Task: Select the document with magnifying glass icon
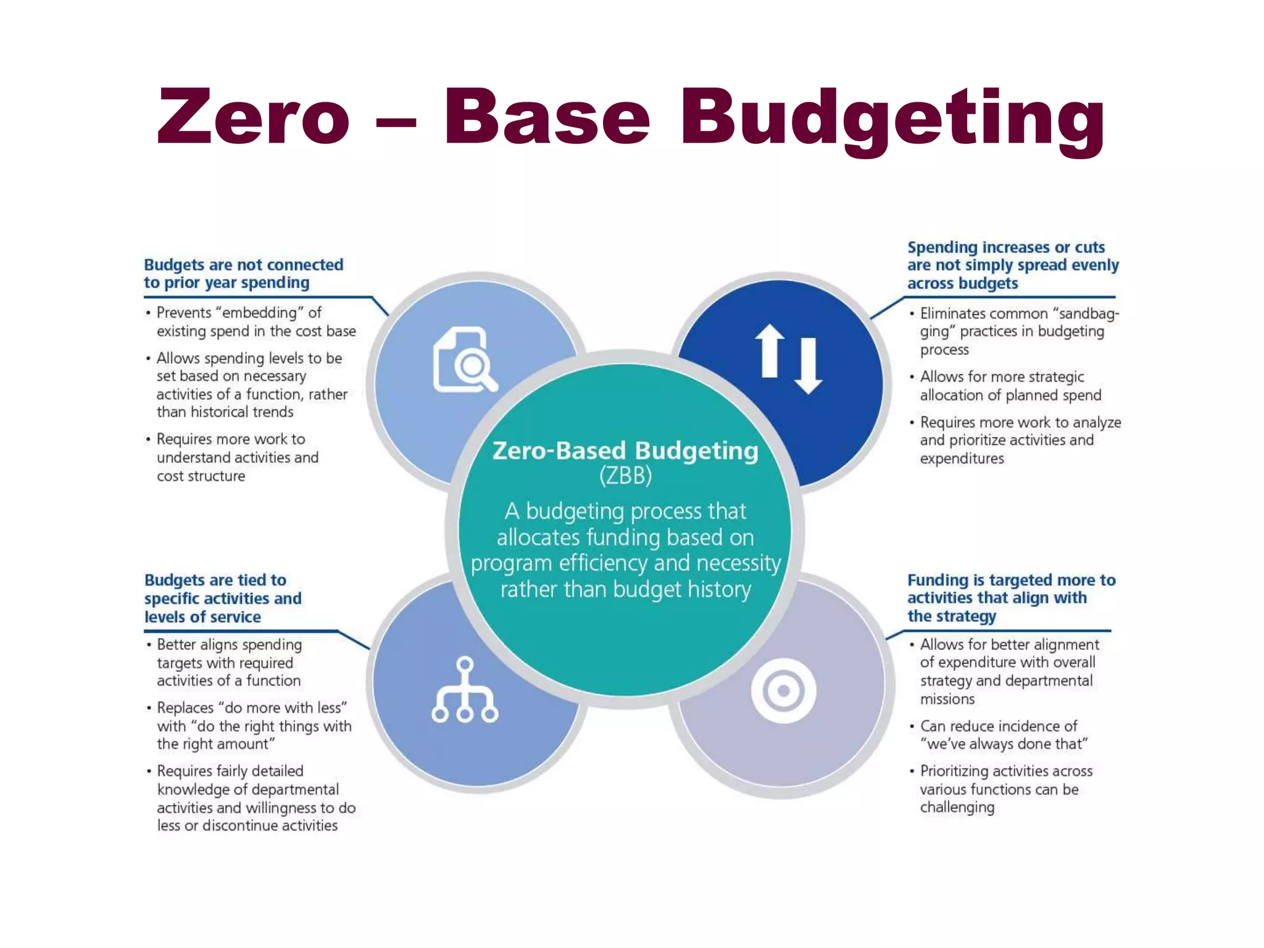465,360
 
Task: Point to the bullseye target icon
783,691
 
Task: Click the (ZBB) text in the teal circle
625,476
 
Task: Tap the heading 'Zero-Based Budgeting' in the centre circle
625,451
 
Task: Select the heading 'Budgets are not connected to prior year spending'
244,273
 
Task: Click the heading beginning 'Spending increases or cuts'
1012,265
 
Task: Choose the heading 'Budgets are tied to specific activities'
223,598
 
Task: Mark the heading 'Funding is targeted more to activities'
1011,597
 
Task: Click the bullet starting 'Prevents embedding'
256,322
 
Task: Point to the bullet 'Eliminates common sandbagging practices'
1018,331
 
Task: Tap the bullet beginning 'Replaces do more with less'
254,726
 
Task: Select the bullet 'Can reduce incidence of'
1004,735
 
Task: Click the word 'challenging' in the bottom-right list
957,807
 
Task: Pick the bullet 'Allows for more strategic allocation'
1010,386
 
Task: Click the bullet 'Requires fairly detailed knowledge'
256,798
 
